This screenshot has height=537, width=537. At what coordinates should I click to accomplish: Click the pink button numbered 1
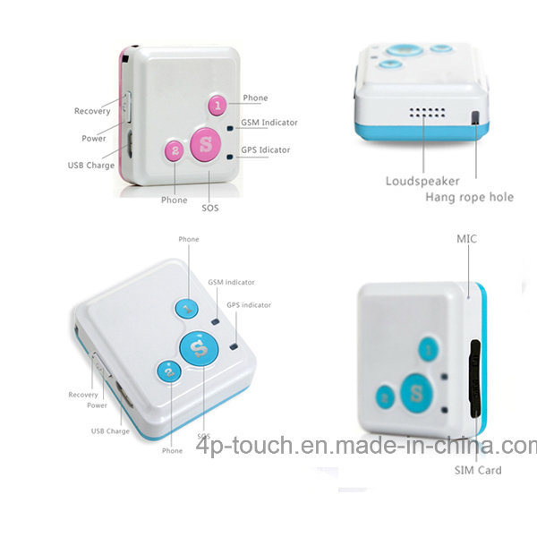217,105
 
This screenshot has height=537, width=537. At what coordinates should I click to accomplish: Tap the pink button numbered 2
175,150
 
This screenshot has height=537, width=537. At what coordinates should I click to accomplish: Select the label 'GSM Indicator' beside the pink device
269,123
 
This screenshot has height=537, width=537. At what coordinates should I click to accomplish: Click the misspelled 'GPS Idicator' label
266,149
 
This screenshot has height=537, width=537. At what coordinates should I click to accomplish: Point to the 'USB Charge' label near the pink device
91,165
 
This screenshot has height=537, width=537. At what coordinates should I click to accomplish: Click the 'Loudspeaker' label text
422,181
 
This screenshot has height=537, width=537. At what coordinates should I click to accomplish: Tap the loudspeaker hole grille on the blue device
428,113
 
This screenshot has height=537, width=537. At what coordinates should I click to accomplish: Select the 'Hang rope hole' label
470,197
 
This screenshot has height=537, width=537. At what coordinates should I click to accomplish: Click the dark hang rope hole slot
475,117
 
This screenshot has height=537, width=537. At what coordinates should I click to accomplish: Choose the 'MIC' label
466,239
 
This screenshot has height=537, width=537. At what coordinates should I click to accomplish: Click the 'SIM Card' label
478,470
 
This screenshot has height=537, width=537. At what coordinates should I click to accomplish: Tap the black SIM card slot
474,379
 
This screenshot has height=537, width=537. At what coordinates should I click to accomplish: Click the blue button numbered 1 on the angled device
187,308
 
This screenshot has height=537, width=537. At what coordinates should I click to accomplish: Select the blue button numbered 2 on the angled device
169,371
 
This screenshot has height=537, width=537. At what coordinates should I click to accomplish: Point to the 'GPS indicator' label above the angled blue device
249,305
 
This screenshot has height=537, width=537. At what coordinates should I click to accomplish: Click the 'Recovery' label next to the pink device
92,111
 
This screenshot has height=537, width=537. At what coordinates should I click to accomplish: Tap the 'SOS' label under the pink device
210,208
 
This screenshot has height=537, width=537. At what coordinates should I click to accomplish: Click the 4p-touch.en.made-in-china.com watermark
366,446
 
